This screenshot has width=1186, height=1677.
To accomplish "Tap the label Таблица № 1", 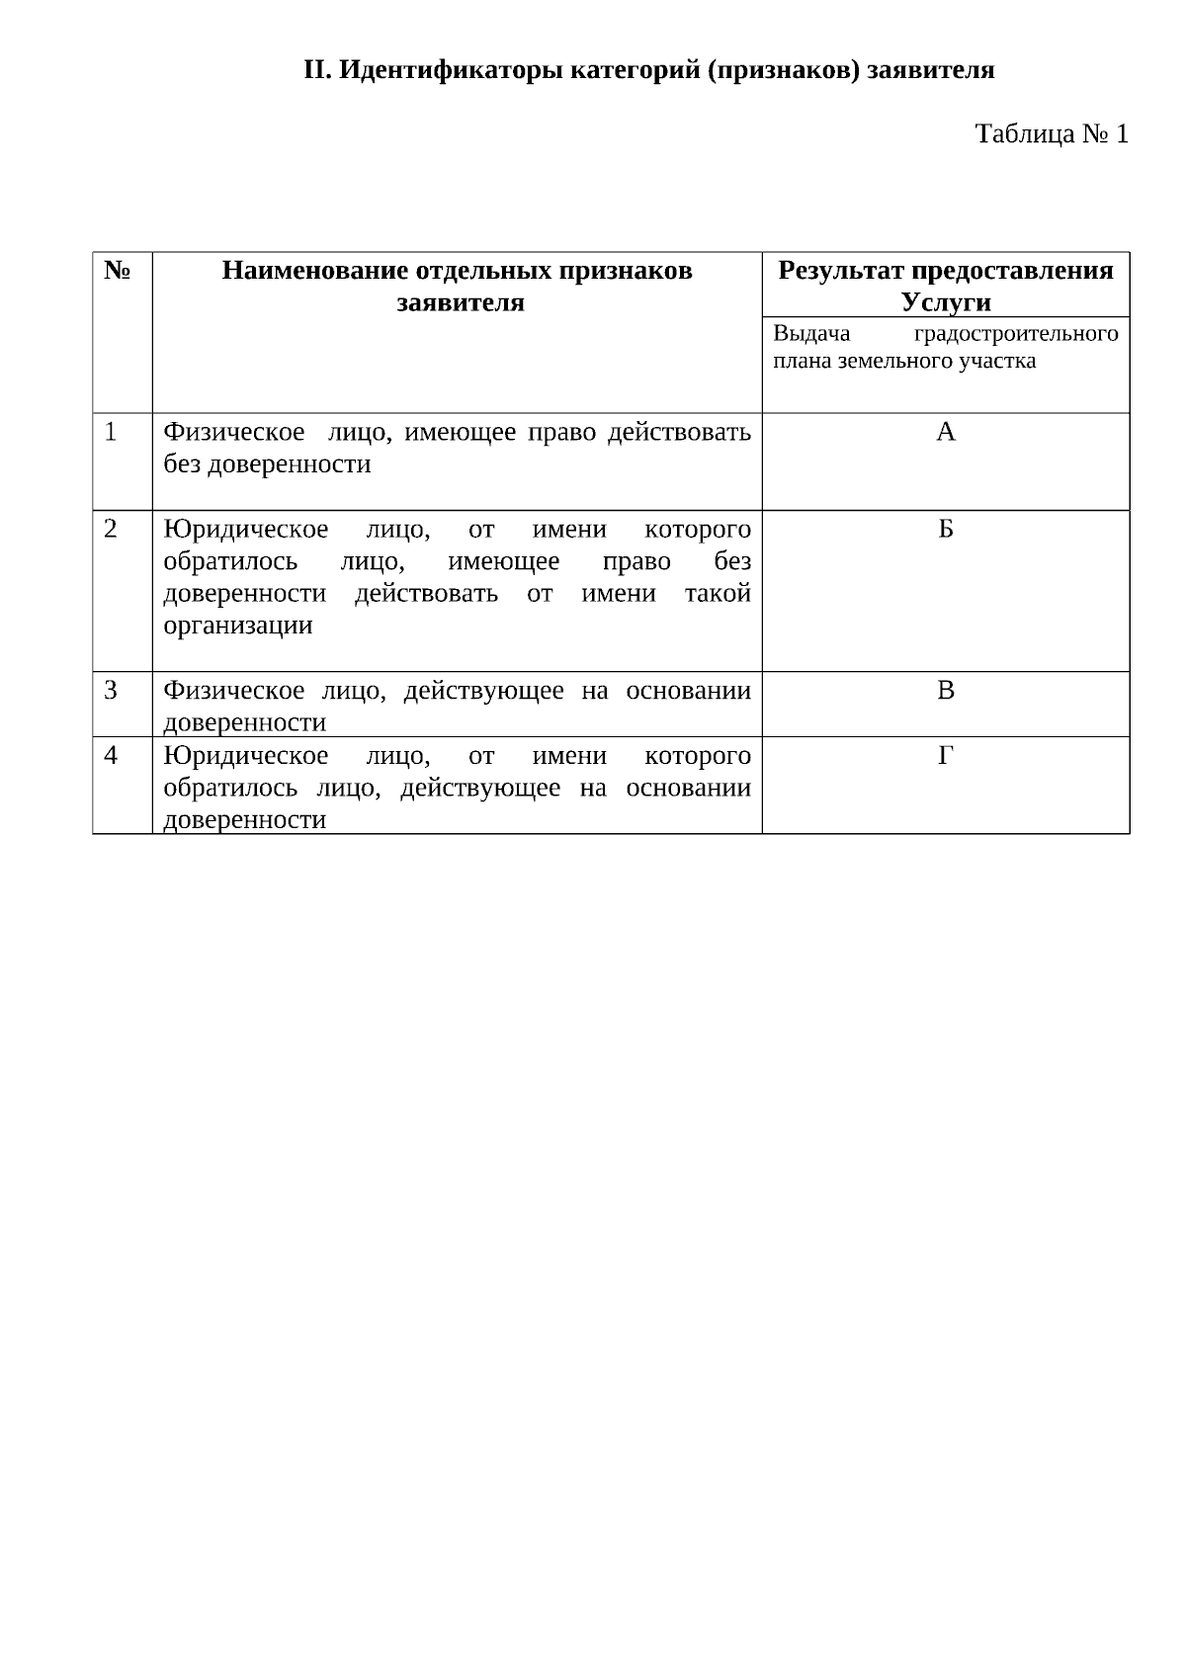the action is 1052,134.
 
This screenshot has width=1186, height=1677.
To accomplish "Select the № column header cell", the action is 118,271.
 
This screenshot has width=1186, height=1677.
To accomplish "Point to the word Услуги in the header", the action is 946,302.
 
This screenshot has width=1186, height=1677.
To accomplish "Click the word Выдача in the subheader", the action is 811,334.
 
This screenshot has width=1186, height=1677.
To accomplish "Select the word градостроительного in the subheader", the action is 1017,334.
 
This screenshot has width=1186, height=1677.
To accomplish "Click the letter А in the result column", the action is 946,433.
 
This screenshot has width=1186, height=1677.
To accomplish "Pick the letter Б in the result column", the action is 946,530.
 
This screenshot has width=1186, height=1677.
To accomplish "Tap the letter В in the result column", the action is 946,691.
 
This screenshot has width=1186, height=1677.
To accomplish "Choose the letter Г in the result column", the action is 946,756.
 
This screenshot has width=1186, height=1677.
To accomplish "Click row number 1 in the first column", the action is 110,433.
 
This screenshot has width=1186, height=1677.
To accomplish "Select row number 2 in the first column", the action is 110,530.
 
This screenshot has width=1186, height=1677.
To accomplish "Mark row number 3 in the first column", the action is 110,691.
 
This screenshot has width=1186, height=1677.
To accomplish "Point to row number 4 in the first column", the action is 110,756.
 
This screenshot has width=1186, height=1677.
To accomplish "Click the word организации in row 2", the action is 237,626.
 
